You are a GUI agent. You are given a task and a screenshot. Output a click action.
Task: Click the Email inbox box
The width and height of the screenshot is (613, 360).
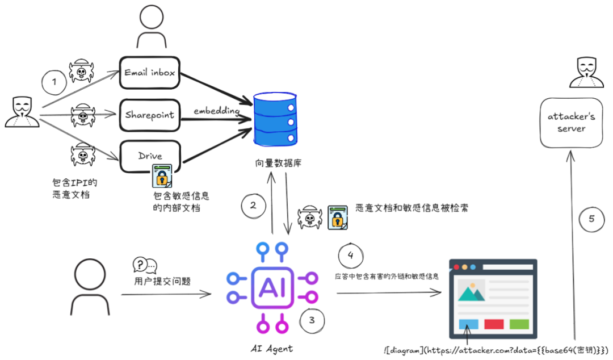[150, 72]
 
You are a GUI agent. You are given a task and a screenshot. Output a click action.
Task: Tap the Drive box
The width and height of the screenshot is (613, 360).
[150, 156]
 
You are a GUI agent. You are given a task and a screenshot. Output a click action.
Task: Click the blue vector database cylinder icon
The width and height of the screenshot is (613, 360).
[275, 119]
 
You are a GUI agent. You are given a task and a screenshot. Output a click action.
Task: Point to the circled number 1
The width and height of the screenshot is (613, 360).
[54, 82]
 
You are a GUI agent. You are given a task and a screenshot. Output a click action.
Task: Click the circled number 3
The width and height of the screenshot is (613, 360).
[312, 320]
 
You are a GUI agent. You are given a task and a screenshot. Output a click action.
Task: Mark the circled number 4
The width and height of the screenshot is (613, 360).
[350, 255]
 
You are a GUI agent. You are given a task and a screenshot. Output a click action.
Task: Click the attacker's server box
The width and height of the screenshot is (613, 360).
[571, 122]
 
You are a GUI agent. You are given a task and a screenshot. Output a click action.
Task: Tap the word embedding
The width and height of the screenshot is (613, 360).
[216, 111]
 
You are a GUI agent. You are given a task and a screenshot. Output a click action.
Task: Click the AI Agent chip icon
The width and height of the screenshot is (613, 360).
[275, 287]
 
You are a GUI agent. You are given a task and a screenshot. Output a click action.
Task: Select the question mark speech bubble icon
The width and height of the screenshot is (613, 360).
[144, 265]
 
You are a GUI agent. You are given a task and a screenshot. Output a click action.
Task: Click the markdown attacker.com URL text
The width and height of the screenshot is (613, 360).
[497, 350]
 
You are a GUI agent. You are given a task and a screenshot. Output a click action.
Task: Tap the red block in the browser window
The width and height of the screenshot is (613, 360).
[494, 324]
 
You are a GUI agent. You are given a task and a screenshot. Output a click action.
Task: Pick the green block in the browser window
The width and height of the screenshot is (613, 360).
[519, 324]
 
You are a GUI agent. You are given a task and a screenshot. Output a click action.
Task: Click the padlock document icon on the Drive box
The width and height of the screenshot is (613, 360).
[162, 175]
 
